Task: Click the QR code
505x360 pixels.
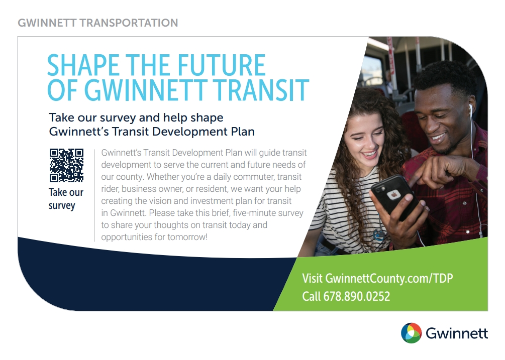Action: pos(66,165)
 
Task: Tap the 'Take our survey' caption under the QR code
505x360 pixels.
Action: pos(66,199)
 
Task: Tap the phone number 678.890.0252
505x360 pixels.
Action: pos(357,296)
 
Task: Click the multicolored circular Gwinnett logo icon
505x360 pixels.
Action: pos(411,333)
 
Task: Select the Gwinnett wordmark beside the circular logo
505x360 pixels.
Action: pos(457,333)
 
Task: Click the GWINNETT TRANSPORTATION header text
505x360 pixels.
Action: pos(97,23)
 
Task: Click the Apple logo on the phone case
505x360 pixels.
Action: pos(393,194)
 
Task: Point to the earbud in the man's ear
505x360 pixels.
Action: pos(470,109)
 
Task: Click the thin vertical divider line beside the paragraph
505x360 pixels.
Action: pos(94,195)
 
